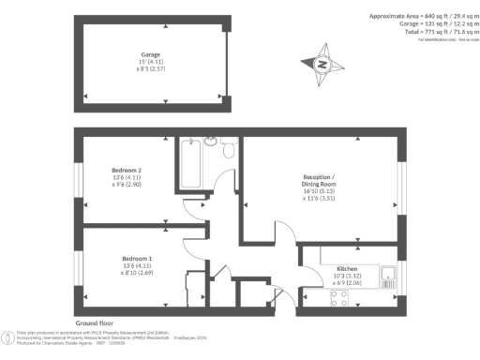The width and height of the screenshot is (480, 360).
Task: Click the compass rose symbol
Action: [x=322, y=65]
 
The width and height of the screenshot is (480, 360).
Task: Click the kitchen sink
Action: [x=390, y=275]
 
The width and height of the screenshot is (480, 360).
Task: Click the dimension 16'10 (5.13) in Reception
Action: [x=319, y=190]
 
